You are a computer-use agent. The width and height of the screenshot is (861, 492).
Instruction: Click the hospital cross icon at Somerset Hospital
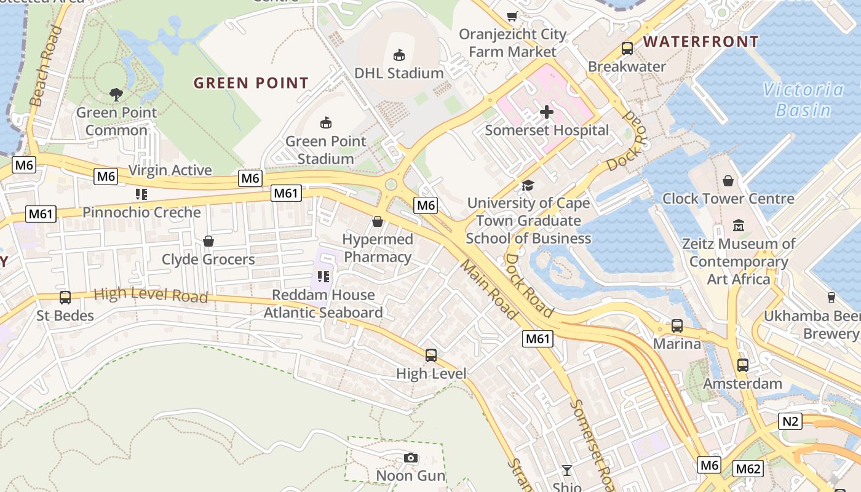[546, 112]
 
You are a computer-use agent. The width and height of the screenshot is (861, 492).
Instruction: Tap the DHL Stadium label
[399, 73]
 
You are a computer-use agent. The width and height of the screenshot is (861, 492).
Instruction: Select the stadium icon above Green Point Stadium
[326, 122]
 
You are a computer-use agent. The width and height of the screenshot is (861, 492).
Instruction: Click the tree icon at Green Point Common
[116, 94]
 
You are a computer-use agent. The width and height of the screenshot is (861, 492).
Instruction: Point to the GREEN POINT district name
[251, 83]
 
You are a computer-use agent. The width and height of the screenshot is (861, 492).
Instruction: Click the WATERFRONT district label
[700, 42]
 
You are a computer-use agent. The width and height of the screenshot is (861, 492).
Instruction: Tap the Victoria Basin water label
[803, 100]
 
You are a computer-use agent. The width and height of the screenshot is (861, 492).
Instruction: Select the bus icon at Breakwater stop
[627, 48]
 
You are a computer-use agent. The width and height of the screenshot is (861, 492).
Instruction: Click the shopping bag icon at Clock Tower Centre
[728, 180]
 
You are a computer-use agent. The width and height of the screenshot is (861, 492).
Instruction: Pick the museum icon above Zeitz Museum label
[739, 225]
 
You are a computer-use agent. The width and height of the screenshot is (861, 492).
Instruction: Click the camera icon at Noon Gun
[411, 458]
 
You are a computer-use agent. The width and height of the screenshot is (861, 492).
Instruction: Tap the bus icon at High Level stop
[431, 355]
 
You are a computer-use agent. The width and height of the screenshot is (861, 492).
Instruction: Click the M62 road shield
[748, 469]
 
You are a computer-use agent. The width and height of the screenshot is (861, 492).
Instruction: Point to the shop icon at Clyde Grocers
[208, 241]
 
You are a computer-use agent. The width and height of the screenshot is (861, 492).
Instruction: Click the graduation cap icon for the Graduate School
[528, 185]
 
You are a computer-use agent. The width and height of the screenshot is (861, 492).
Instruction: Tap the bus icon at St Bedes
[65, 298]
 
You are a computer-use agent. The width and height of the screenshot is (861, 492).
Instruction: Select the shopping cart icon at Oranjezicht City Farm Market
[512, 16]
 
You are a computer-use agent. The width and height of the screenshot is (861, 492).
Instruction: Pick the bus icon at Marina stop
[676, 325]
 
